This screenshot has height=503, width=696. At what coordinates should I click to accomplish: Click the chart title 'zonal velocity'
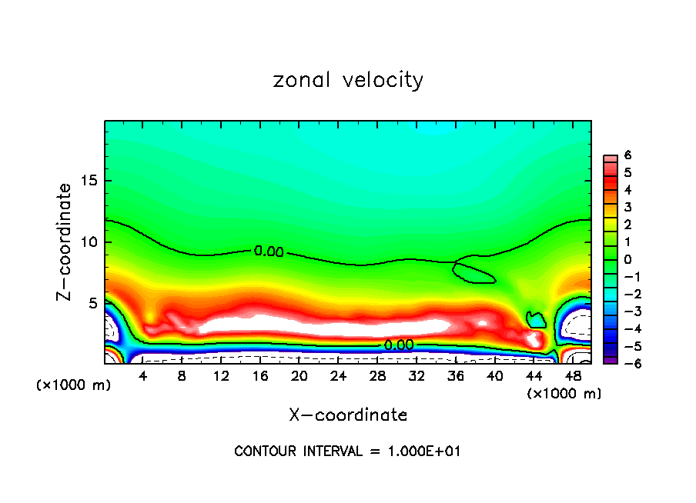(348, 80)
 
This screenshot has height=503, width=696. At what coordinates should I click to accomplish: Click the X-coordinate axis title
(348, 415)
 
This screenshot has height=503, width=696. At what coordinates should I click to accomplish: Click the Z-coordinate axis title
(65, 242)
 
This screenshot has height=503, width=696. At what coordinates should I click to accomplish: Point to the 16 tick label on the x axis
(261, 376)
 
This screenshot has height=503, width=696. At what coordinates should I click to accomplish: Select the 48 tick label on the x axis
(573, 376)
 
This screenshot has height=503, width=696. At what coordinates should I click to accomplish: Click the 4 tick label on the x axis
(143, 376)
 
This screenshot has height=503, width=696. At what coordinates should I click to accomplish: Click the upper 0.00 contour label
(269, 251)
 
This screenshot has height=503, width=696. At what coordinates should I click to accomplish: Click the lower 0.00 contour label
(399, 345)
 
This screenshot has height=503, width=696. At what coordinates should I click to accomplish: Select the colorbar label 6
(628, 155)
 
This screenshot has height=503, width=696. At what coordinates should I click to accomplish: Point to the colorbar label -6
(626, 364)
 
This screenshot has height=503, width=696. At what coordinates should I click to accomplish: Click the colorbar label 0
(628, 259)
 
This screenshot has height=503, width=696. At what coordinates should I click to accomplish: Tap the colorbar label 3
(628, 207)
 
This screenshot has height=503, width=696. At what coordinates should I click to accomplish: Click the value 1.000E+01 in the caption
(426, 451)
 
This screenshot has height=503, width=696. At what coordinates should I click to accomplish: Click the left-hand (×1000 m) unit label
(73, 385)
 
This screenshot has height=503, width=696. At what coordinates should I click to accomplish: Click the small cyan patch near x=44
(535, 318)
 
